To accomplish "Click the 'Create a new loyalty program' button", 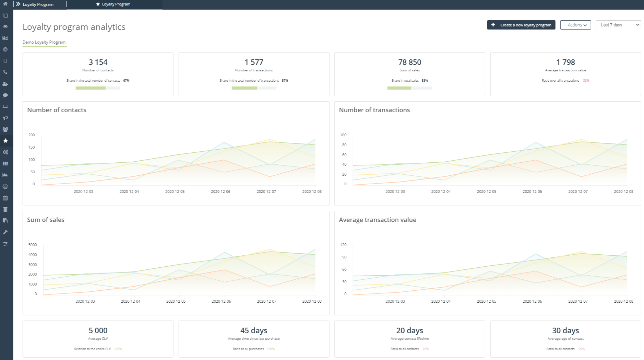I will (521, 25).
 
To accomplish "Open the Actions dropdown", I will (575, 25).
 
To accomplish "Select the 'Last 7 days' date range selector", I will (618, 25).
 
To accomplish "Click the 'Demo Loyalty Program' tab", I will (44, 42).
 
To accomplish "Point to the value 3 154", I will (98, 62).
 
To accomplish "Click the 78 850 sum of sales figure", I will (409, 62).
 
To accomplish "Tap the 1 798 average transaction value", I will (565, 62).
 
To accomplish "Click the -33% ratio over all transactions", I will (586, 81).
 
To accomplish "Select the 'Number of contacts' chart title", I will (57, 110).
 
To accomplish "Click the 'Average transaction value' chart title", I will (378, 220).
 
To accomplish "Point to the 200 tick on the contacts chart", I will (32, 135).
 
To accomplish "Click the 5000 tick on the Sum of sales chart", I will (33, 245).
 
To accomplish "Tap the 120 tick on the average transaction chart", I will (343, 245).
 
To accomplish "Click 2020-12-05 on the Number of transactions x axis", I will (486, 191).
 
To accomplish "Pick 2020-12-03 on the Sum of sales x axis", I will (85, 301).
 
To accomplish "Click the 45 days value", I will (254, 330).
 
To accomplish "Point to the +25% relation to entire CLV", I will (118, 349).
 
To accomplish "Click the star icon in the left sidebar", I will (5, 141).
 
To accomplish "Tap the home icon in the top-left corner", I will (5, 4).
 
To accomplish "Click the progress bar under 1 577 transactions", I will (254, 88).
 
